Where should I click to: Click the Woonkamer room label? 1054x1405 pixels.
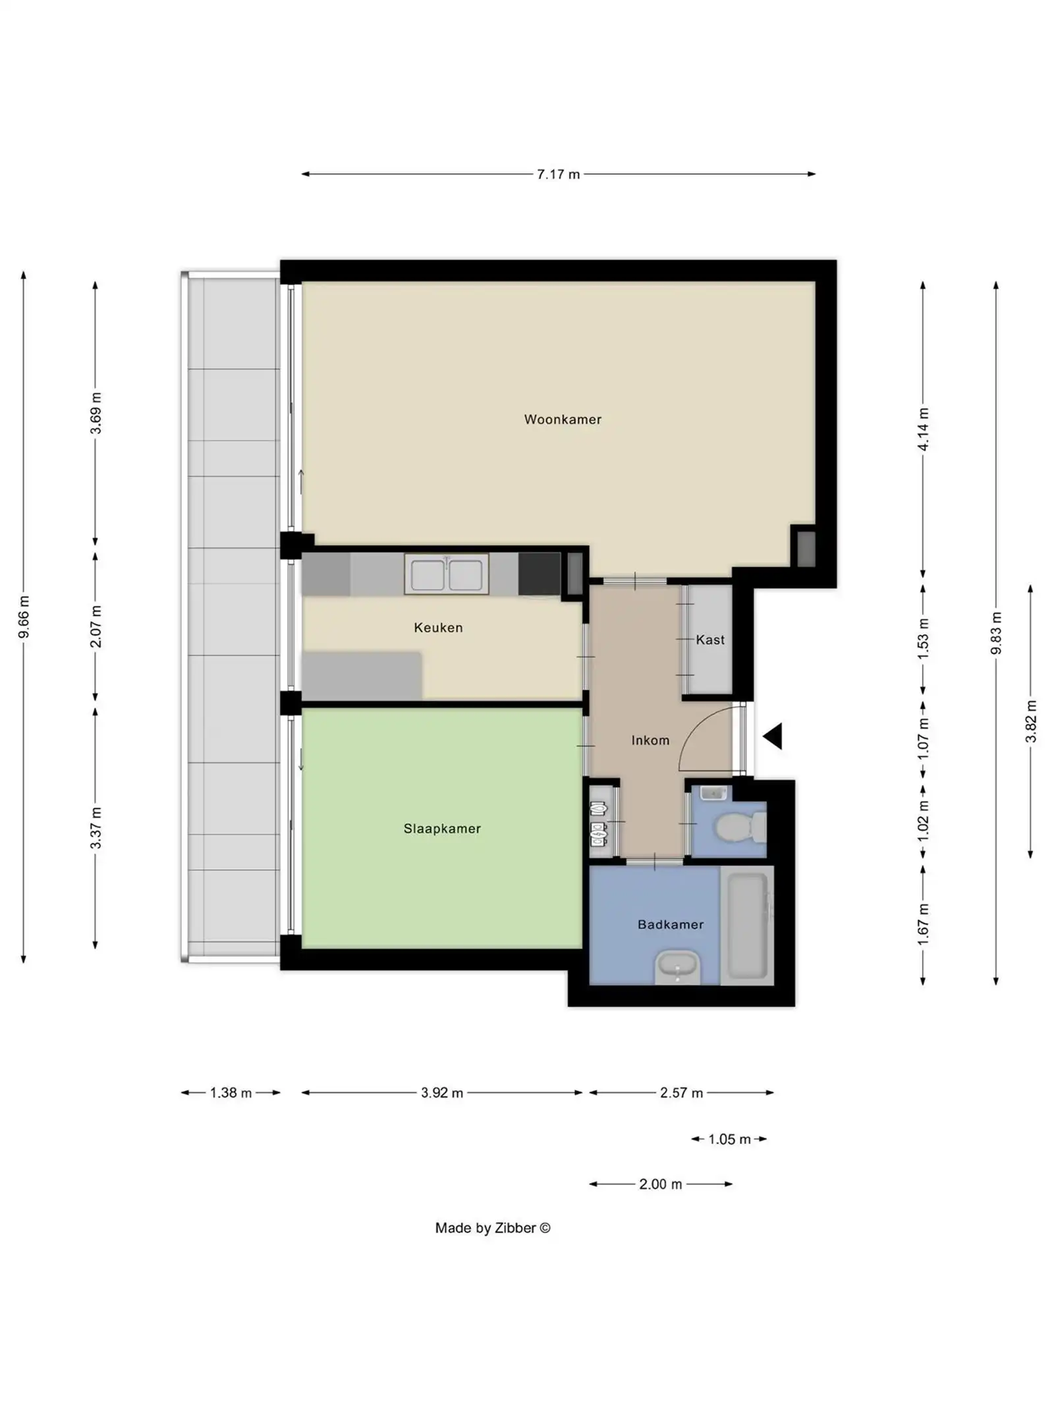[x=562, y=420]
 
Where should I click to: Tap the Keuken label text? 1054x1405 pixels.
[x=438, y=628]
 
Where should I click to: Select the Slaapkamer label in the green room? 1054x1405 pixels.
[x=442, y=829]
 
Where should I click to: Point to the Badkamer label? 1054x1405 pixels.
[x=670, y=925]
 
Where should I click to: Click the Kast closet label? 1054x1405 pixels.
[x=709, y=640]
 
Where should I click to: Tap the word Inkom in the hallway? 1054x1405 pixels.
[x=650, y=740]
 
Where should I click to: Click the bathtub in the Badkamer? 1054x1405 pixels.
[x=747, y=925]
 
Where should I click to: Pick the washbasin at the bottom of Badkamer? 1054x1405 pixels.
[x=677, y=967]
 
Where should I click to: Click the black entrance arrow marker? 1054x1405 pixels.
[x=773, y=736]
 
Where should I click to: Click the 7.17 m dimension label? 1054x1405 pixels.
[x=558, y=175]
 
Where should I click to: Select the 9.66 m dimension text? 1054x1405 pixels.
[x=24, y=617]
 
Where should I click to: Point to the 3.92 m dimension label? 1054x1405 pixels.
[x=442, y=1093]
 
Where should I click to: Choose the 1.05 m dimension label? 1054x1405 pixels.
[x=729, y=1139]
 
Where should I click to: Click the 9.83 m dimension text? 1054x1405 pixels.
[x=996, y=633]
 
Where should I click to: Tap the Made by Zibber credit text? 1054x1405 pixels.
[x=492, y=1228]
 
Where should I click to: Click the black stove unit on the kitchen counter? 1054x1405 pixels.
[x=539, y=574]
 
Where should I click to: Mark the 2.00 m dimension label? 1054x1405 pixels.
[x=660, y=1184]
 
